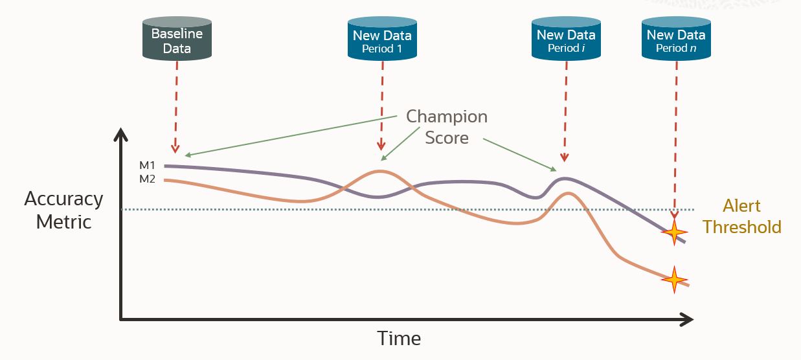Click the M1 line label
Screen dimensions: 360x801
pos(148,166)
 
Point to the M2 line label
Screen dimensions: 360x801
pos(148,179)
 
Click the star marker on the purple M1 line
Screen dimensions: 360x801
pos(674,231)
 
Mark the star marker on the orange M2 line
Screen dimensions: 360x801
pos(674,280)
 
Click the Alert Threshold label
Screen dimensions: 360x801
pos(741,217)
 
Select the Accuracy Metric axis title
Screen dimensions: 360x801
pos(63,210)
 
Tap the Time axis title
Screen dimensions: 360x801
pos(399,339)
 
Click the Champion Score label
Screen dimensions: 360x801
pos(447,127)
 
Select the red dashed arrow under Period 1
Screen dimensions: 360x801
pos(381,104)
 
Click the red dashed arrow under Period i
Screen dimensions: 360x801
pos(565,110)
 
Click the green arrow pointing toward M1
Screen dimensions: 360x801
pos(291,136)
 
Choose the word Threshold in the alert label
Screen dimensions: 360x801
pos(742,227)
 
